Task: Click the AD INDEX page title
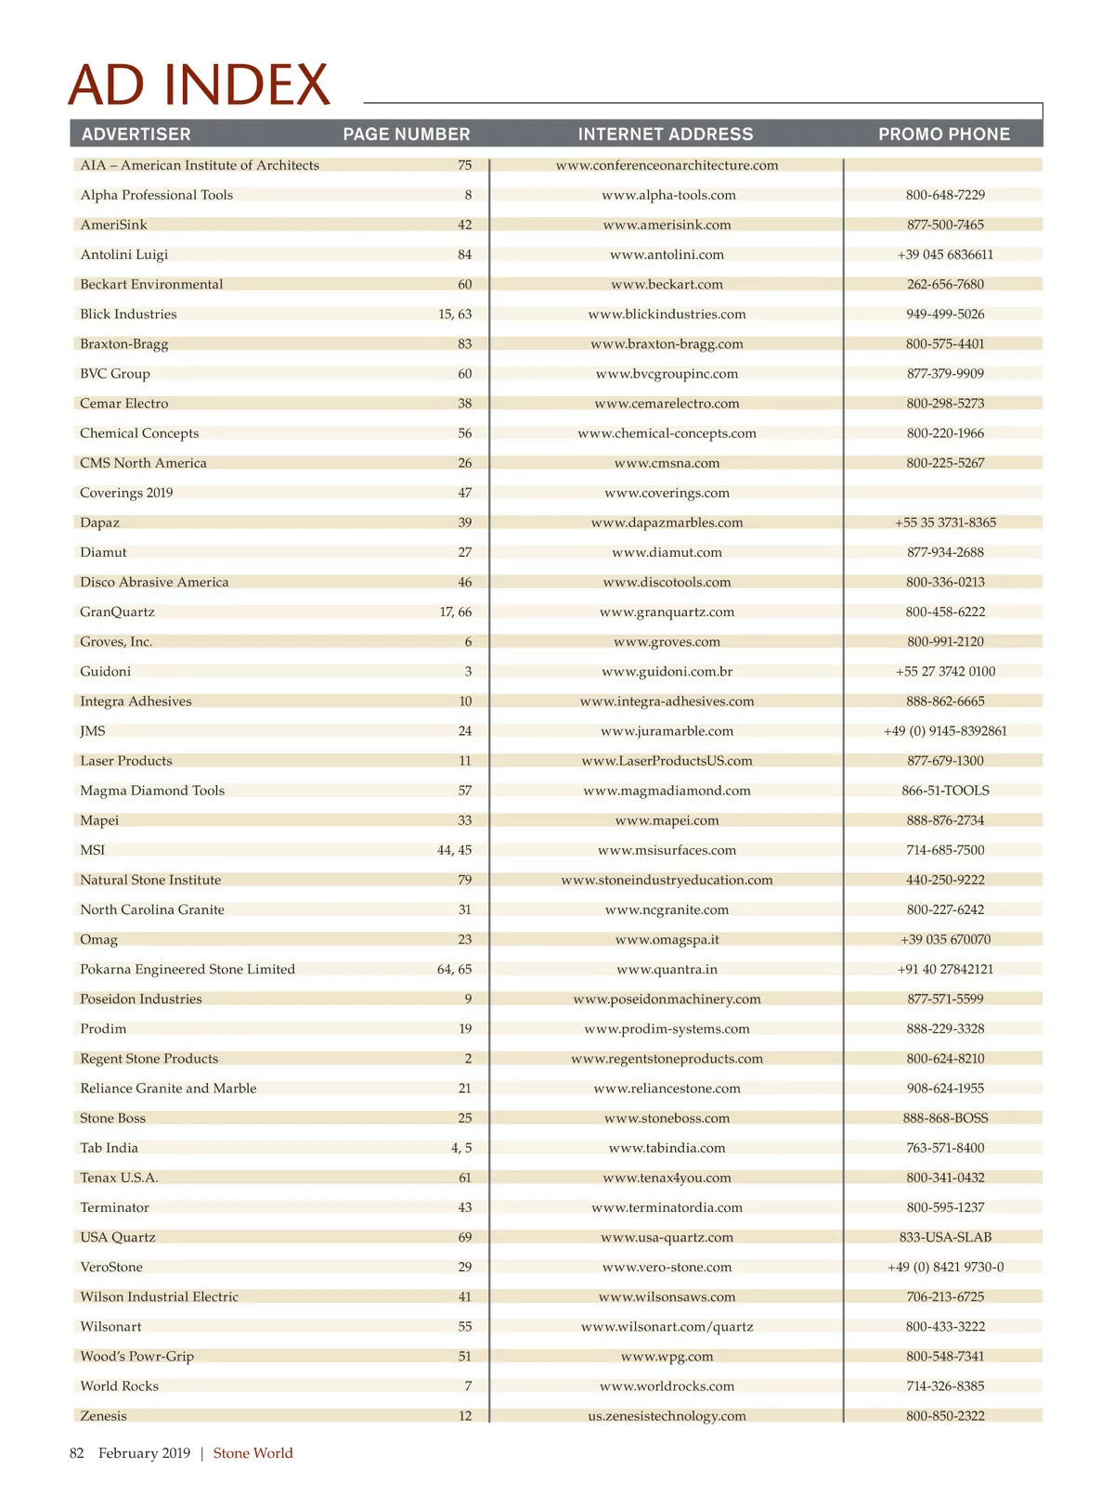[x=199, y=85]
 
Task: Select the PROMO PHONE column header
[x=944, y=134]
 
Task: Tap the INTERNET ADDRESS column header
[x=666, y=134]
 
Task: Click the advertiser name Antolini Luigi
[x=124, y=254]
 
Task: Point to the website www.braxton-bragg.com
[x=667, y=343]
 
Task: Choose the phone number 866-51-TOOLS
[x=945, y=791]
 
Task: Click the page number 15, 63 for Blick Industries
[x=455, y=314]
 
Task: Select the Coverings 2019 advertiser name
[x=126, y=493]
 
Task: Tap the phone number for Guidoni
[x=945, y=671]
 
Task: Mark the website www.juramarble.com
[x=667, y=731]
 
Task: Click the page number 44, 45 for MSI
[x=454, y=850]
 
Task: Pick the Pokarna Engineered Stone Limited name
[x=188, y=969]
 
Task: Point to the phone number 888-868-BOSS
[x=945, y=1118]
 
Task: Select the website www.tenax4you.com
[x=667, y=1178]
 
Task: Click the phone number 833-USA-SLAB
[x=945, y=1237]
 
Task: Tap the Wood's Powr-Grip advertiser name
[x=137, y=1356]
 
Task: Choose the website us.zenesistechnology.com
[x=667, y=1416]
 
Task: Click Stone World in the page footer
[x=253, y=1453]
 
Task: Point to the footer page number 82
[x=77, y=1453]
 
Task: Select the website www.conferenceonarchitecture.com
[x=667, y=165]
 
